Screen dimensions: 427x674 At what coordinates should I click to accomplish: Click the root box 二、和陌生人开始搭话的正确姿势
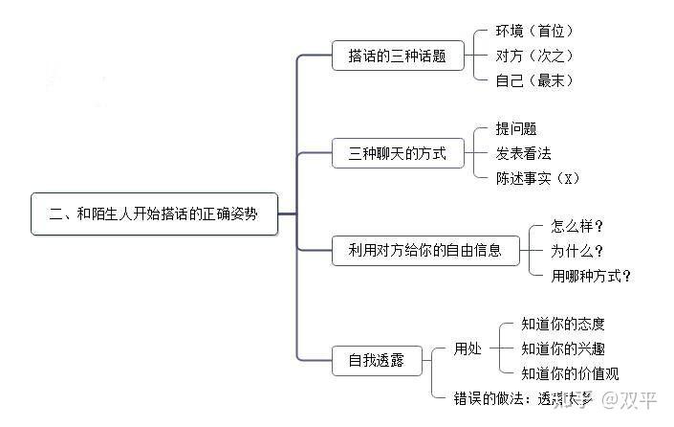coord(154,214)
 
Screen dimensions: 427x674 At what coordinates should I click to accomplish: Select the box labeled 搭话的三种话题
coord(397,56)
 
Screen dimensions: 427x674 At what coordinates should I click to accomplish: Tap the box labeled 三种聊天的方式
coord(397,152)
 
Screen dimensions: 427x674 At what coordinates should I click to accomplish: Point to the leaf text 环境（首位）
coord(534,32)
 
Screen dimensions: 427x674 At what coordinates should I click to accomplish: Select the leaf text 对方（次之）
coord(534,56)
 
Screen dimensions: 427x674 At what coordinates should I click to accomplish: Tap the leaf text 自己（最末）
coord(534,80)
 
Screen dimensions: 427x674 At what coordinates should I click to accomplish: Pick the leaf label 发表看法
coord(523,153)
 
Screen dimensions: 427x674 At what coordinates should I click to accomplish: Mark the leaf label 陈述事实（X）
coord(538,178)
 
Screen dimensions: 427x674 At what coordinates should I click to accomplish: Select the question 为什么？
coord(577,252)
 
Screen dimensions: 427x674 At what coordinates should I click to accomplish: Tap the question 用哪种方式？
coord(592,277)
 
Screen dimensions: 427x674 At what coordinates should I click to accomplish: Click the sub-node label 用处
coord(467,349)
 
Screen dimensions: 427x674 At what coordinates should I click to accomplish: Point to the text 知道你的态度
coord(563,325)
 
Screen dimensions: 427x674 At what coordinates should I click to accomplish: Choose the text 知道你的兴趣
coord(563,349)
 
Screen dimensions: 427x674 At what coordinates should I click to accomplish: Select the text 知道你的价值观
coord(570,373)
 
